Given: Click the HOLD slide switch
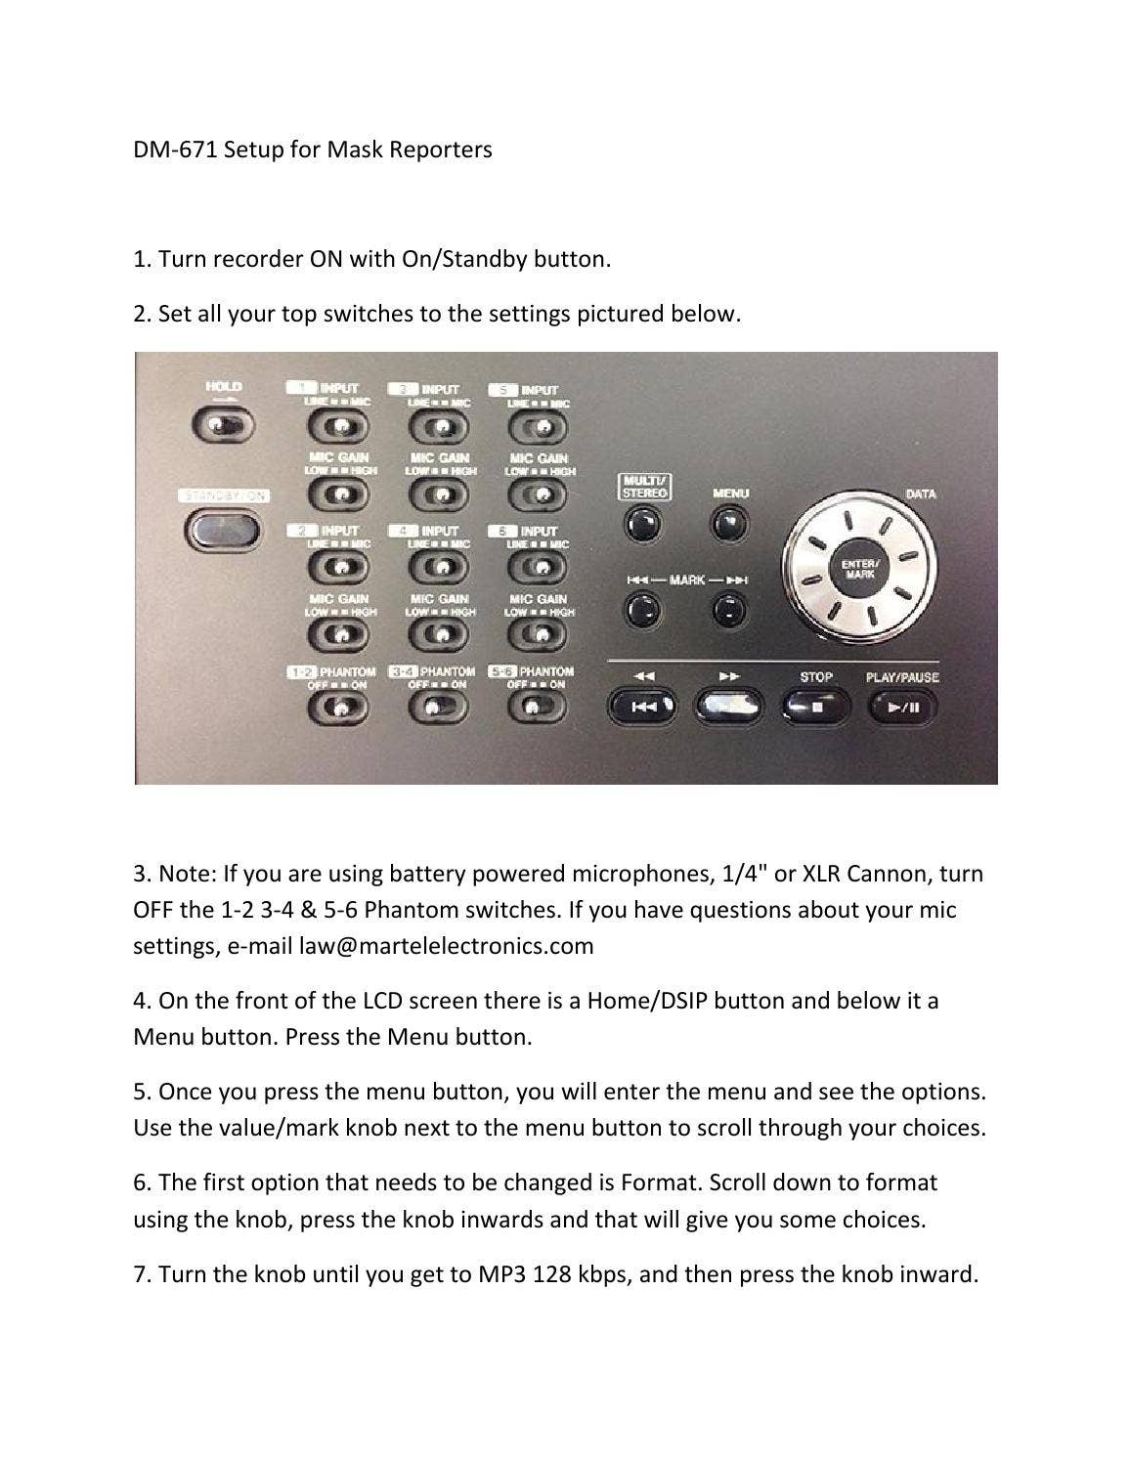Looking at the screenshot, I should (223, 425).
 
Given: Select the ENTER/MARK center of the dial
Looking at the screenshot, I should (859, 570).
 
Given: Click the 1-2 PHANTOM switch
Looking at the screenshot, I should (338, 708).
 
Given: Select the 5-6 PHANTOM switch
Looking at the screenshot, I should (536, 708).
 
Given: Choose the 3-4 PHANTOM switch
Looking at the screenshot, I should (437, 708).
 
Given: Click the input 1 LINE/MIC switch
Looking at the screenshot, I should (338, 427).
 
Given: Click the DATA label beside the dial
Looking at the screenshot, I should (920, 494).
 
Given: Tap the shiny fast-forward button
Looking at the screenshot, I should (728, 705).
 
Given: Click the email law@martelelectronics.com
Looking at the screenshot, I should (447, 946).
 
